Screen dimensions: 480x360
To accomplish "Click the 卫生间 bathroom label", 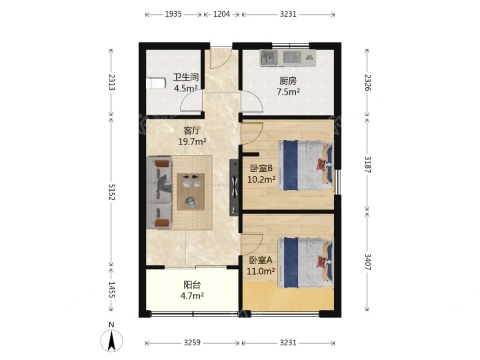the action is [186, 77].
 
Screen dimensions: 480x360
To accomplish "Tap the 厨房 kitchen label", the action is [288, 81].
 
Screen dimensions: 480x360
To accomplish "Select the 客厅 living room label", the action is [192, 131].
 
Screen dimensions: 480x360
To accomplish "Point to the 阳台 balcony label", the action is [192, 285].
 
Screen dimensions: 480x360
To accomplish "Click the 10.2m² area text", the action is [261, 179].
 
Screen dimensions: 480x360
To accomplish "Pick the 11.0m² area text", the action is [261, 271].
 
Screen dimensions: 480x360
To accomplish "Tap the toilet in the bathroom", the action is [156, 83].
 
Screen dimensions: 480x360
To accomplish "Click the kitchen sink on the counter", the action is [269, 58].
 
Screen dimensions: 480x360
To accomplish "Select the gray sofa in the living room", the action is [159, 193].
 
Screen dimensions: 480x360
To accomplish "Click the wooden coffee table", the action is [191, 191].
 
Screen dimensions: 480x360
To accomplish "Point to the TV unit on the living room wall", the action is [234, 187].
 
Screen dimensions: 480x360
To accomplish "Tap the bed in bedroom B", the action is [305, 165].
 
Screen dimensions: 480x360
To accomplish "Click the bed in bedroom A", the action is [305, 263].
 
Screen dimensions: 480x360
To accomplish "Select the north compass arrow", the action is [111, 341].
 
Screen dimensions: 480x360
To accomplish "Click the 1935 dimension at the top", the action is [173, 14].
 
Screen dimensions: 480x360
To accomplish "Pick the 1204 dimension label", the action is [221, 14].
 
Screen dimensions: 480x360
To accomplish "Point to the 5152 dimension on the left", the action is [111, 192].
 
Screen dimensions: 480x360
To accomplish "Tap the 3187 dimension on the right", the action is [367, 165].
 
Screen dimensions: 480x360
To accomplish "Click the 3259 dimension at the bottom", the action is [192, 343].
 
